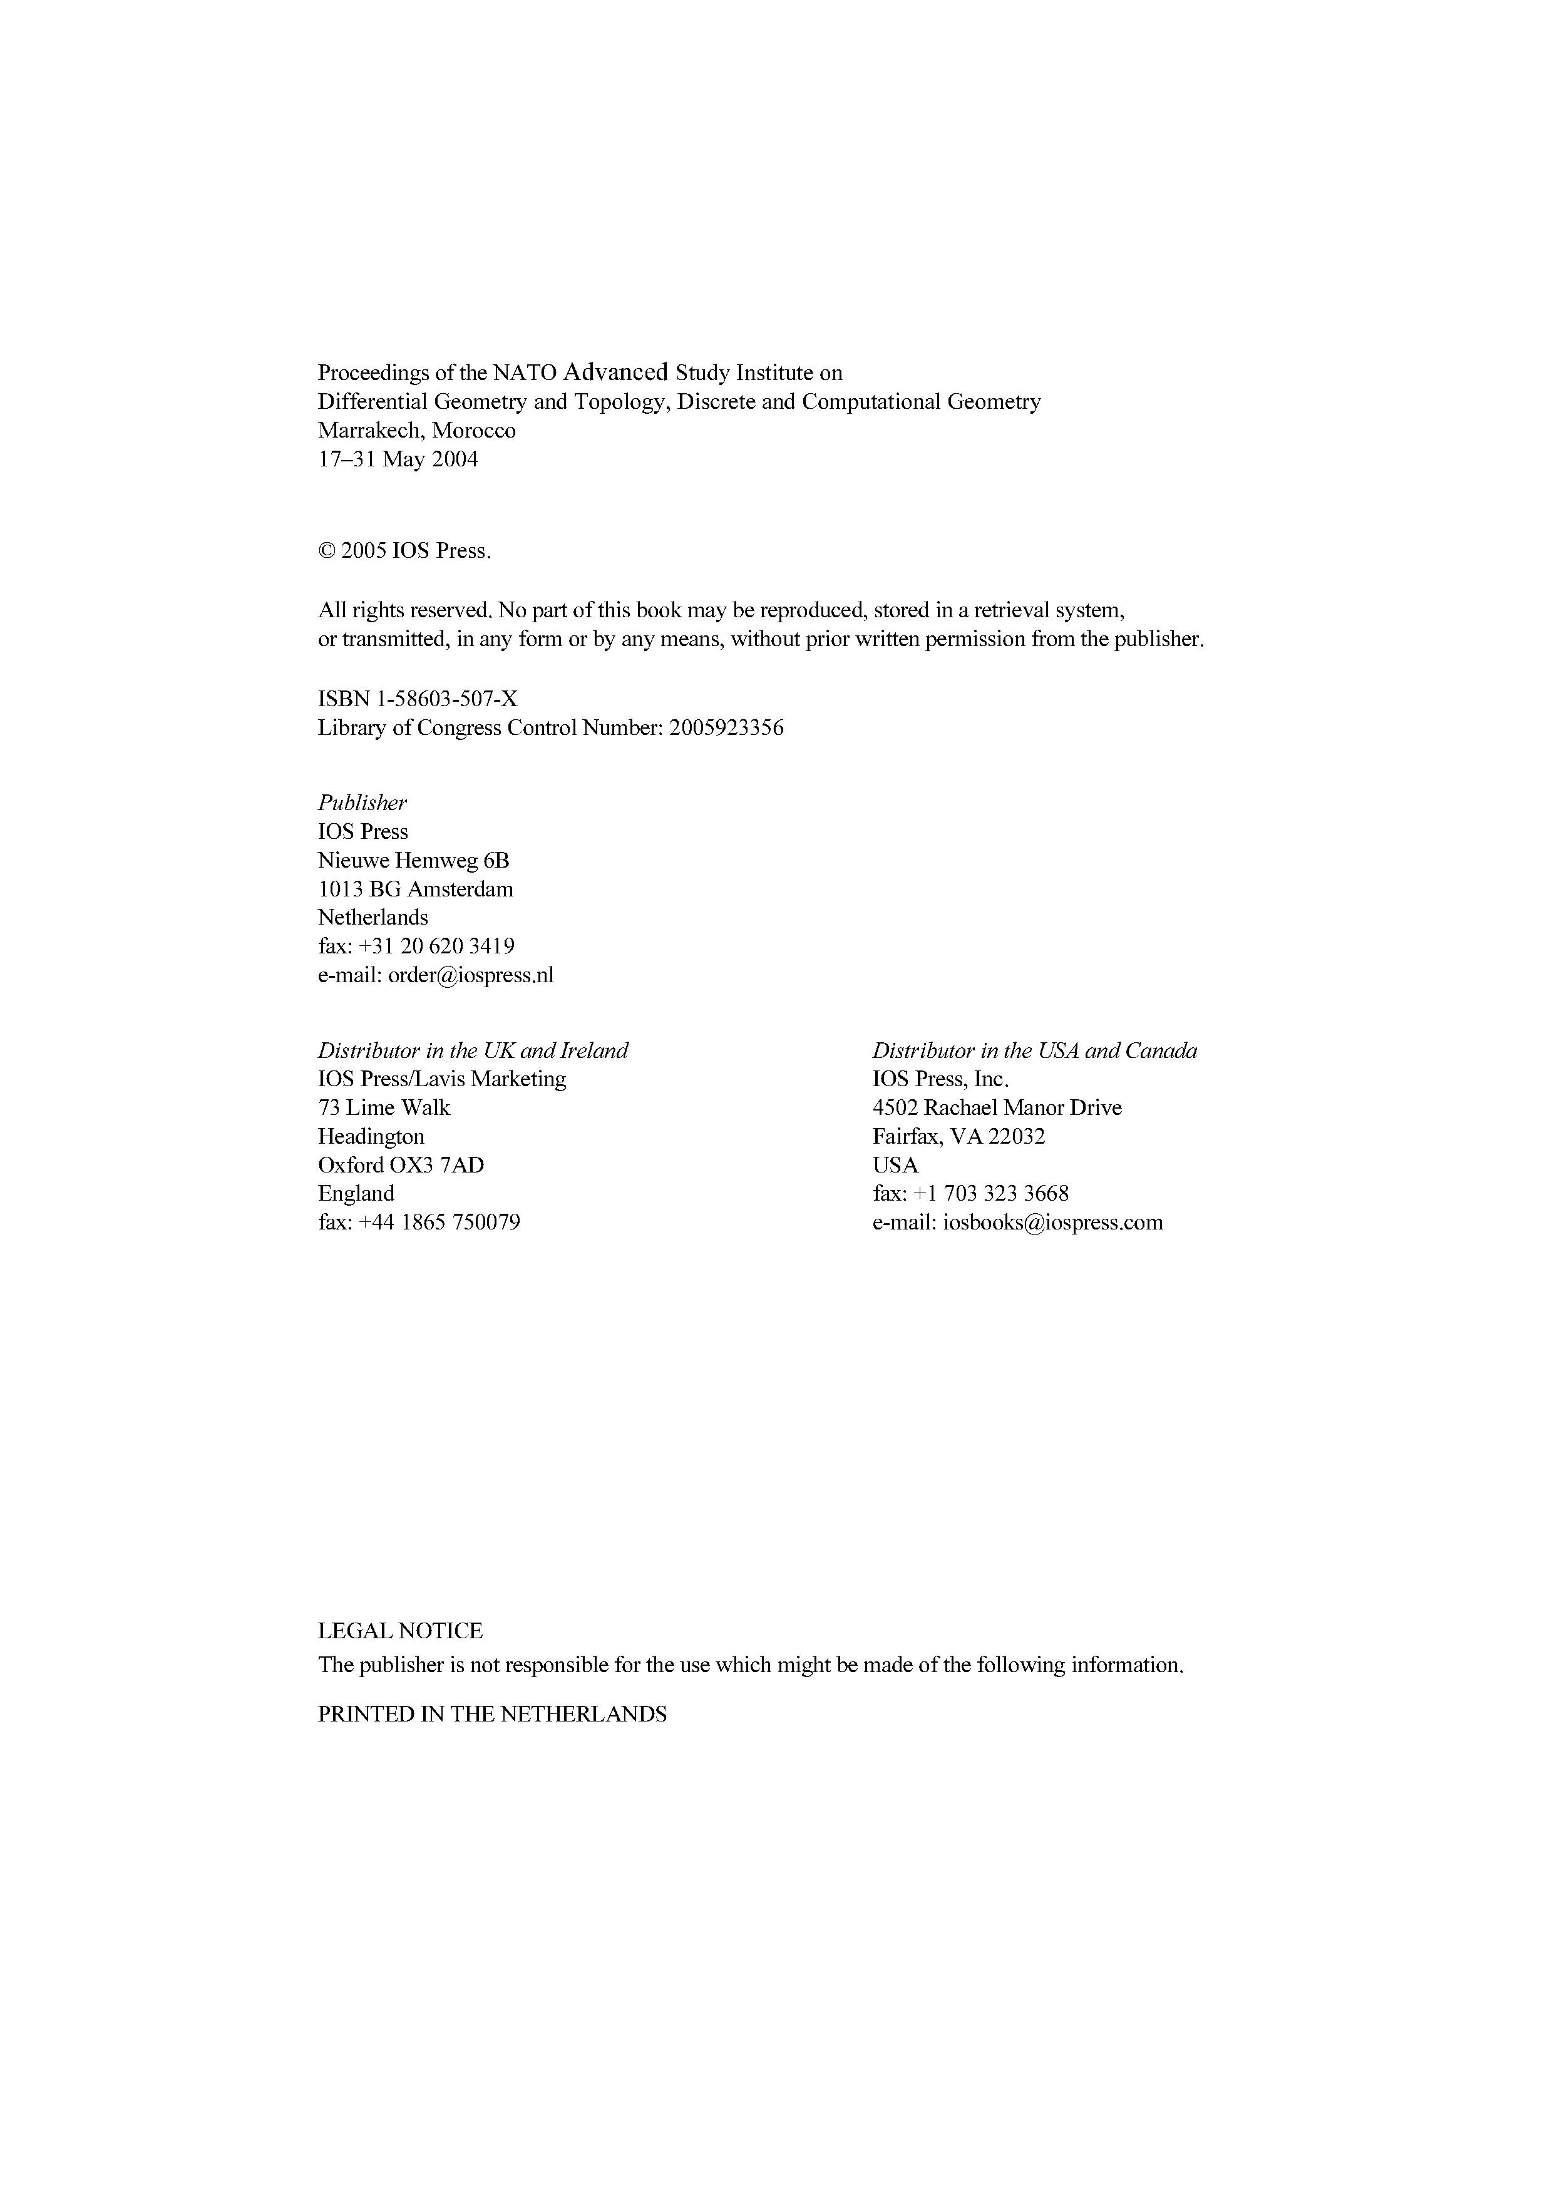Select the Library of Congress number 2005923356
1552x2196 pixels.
[727, 729]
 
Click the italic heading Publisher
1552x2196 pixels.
[362, 803]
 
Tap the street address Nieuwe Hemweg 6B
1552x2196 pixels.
[413, 861]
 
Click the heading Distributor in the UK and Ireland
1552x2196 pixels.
[473, 1051]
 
